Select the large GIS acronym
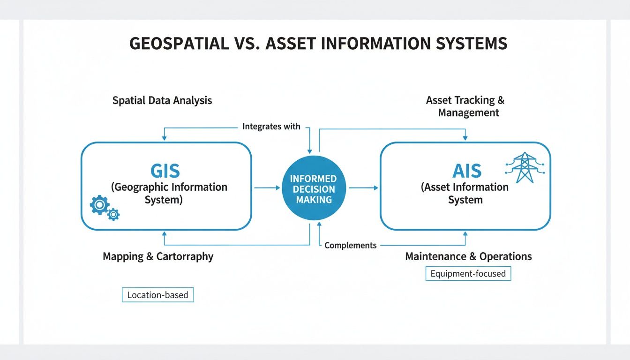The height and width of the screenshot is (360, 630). [x=165, y=171]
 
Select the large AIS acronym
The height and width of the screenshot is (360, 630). [x=467, y=171]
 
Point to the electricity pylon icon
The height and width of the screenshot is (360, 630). [x=524, y=167]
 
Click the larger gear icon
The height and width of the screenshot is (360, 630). [x=99, y=205]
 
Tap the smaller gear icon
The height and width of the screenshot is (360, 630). [x=113, y=215]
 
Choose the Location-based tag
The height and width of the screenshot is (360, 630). [x=157, y=295]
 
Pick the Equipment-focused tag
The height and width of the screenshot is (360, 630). [x=468, y=273]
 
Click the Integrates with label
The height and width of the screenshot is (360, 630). [x=271, y=127]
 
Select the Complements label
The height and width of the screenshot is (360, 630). [x=350, y=245]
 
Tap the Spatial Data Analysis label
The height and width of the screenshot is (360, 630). [x=162, y=100]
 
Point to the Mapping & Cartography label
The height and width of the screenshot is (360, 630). [x=158, y=256]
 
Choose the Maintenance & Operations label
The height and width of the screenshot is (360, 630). [x=468, y=256]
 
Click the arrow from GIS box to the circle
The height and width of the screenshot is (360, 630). [x=267, y=187]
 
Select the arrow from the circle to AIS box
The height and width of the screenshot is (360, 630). [x=363, y=187]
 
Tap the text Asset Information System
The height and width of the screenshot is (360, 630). [x=465, y=194]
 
